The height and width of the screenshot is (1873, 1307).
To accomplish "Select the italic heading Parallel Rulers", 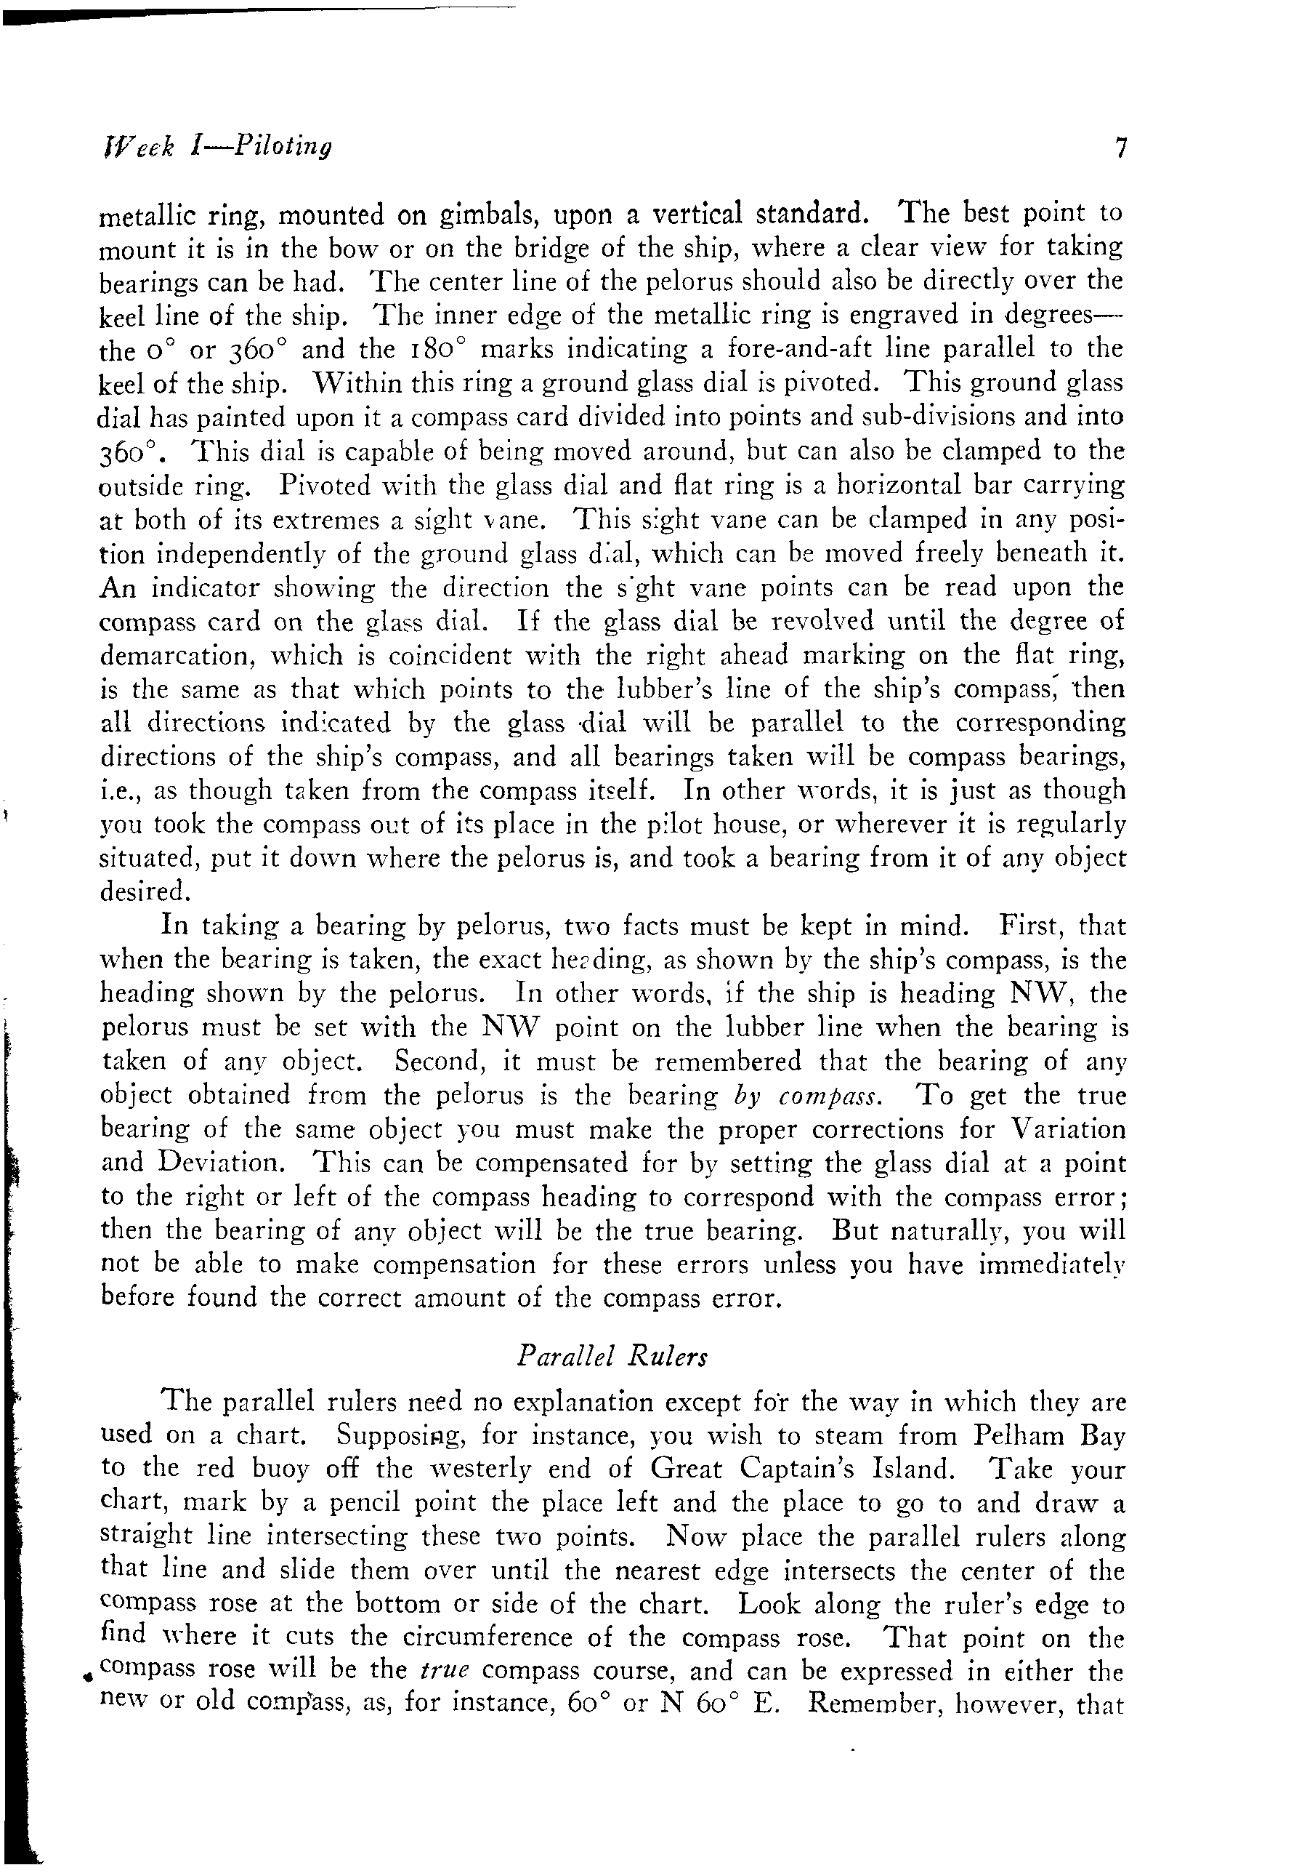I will click(x=612, y=1356).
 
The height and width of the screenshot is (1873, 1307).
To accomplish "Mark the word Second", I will click(x=441, y=1062).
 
